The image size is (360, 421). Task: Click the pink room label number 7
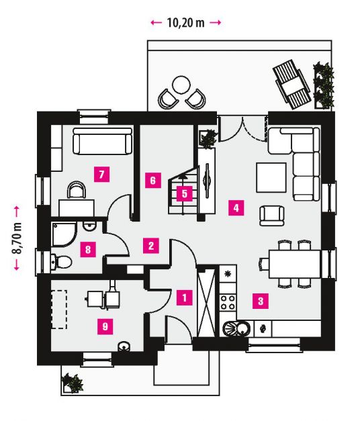tap(101, 175)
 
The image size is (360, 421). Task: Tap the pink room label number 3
tap(261, 301)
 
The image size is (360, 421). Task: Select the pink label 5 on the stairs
tap(185, 193)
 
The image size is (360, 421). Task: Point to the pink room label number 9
tap(105, 326)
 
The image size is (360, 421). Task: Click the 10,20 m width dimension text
tap(185, 23)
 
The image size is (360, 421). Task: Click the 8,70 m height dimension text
tap(17, 238)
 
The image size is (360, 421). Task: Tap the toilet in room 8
tap(61, 262)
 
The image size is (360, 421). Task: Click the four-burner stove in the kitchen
tap(228, 302)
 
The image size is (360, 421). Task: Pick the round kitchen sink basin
tap(243, 328)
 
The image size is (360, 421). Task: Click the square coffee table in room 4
tap(271, 177)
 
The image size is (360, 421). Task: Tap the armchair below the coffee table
tap(272, 216)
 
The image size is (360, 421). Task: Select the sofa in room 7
tap(103, 141)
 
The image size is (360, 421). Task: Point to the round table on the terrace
tap(181, 85)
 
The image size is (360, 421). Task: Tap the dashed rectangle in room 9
tap(59, 309)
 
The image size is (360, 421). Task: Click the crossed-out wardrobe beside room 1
tap(206, 303)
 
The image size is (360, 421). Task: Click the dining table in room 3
tap(295, 264)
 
